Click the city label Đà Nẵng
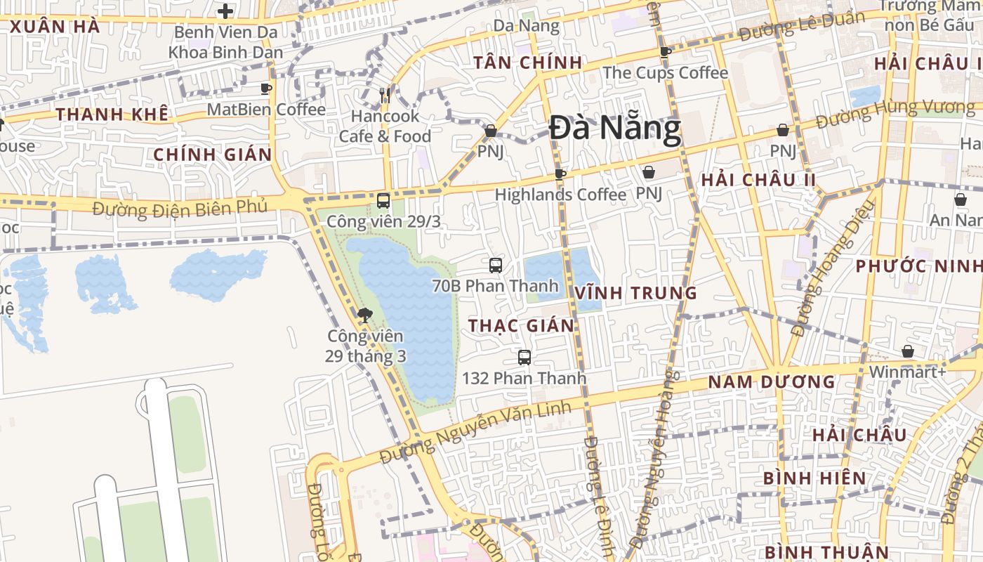coord(615,130)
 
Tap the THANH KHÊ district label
coord(112,115)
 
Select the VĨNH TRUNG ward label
coord(636,293)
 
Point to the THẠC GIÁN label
coord(522,325)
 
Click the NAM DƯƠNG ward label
coord(772,382)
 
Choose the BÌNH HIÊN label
coord(815,478)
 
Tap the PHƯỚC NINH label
coord(918,266)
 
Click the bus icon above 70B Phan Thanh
coord(496,266)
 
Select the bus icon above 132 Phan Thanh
coord(525,358)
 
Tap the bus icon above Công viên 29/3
coord(383,201)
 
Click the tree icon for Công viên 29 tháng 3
coord(364,315)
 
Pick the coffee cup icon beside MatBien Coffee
coord(266,89)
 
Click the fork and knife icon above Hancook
coord(385,95)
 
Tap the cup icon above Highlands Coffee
coord(560,174)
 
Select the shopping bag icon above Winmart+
coord(908,351)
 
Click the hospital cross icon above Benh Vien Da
coord(225,11)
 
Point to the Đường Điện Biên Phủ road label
coord(180,209)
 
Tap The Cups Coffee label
coord(666,72)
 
